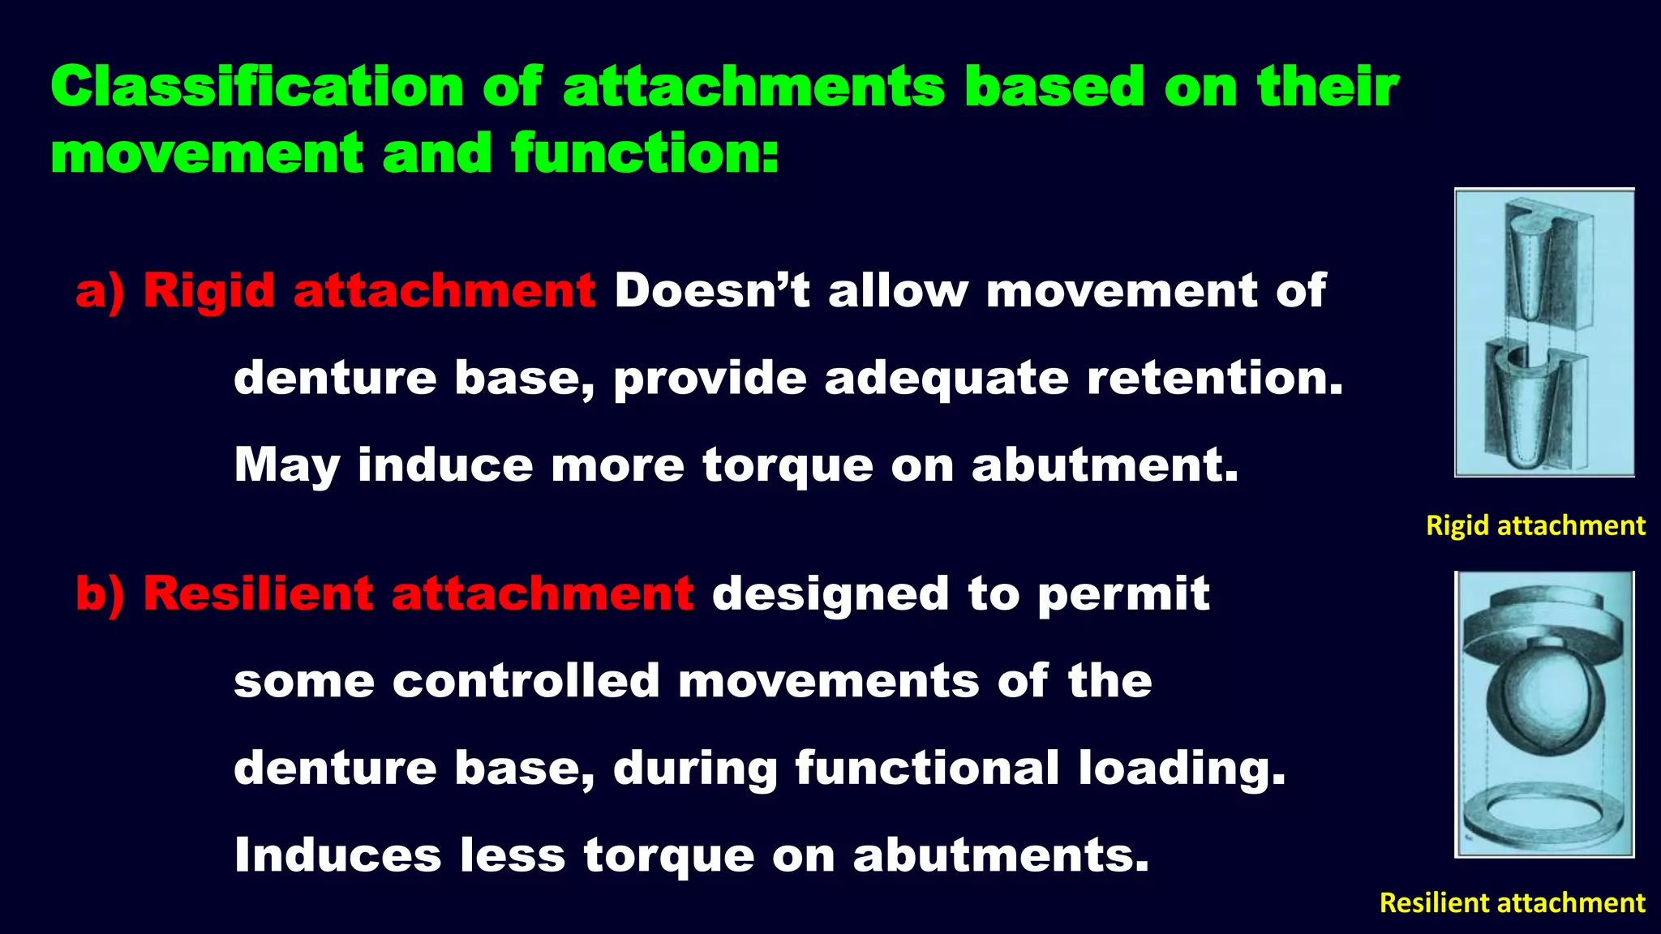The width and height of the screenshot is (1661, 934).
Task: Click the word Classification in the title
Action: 257,87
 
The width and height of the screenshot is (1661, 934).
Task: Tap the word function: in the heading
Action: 645,154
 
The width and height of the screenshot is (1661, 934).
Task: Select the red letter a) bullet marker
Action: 100,291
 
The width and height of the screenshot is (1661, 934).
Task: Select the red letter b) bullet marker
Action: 100,594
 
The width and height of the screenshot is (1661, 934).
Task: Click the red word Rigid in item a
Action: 209,291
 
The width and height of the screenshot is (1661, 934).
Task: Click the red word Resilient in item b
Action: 258,594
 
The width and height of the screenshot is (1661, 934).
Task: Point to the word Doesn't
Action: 711,291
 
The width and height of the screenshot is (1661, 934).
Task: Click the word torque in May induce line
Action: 788,466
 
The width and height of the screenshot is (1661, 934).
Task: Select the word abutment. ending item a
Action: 1105,465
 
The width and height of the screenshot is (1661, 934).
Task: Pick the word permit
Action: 1123,594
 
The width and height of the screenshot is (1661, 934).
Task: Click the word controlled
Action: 526,681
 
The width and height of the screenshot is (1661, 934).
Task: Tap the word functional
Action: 927,769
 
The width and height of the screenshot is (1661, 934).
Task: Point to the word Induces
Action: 338,855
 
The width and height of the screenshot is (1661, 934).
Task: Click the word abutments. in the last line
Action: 1001,856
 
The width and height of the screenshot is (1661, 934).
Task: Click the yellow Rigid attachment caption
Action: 1535,525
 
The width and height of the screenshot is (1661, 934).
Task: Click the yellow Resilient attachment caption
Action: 1512,902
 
